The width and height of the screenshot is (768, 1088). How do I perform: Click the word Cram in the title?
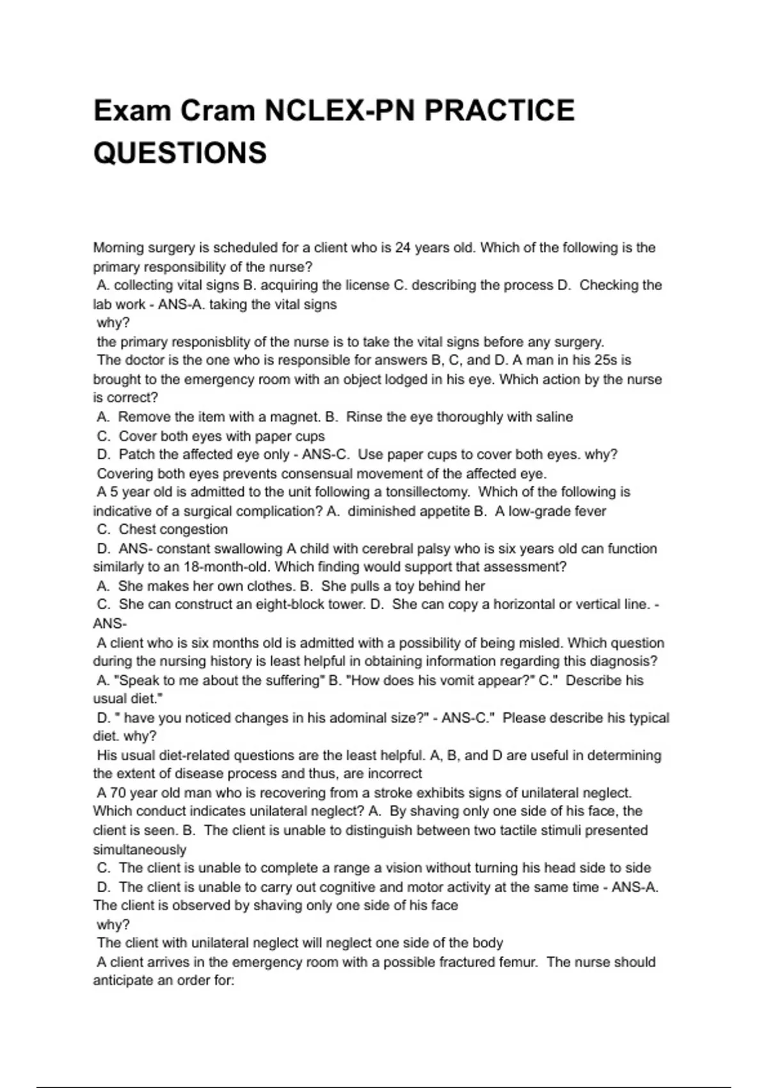point(217,111)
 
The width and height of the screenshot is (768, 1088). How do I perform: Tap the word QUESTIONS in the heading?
point(180,153)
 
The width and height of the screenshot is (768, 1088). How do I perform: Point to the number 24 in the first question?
point(403,248)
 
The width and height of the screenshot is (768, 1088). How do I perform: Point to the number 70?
point(118,793)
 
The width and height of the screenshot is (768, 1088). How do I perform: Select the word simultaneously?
point(140,850)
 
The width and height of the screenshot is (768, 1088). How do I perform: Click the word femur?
point(516,963)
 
